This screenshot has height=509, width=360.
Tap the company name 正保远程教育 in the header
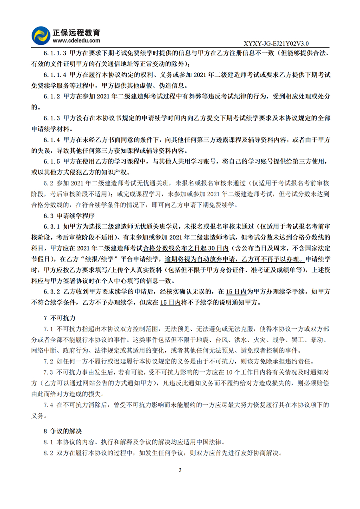76,32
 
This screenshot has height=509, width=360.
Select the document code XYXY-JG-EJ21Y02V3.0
276,44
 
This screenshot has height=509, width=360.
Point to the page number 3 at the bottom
180,470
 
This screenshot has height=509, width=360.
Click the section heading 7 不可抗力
59,318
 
